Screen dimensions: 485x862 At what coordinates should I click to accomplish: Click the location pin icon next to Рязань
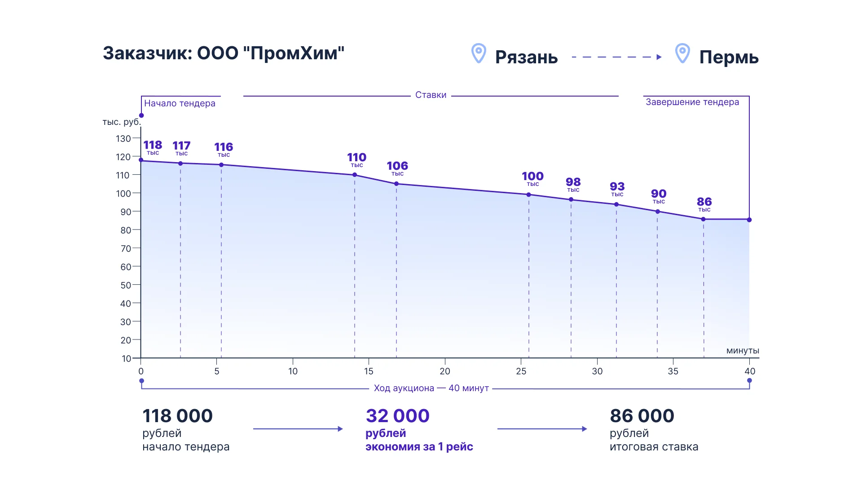pos(479,53)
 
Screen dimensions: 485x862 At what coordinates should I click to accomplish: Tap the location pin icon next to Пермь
pos(682,53)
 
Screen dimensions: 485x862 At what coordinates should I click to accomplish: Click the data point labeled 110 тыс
pos(355,175)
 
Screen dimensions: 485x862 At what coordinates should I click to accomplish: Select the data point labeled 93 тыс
pos(616,204)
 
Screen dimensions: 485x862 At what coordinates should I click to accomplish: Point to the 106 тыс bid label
pos(397,168)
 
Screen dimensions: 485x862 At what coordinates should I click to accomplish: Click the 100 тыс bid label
pos(532,178)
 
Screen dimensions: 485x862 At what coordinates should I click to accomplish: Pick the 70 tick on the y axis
pos(126,248)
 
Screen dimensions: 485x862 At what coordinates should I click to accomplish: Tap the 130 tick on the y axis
pos(123,138)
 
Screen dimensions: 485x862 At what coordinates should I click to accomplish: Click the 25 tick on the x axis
pos(521,371)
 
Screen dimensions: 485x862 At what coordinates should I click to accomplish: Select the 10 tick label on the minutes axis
pos(293,371)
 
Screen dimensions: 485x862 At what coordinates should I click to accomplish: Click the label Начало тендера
pos(180,103)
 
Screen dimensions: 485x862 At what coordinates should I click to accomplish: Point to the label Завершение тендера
pos(692,102)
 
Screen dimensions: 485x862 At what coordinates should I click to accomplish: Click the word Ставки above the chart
pos(431,95)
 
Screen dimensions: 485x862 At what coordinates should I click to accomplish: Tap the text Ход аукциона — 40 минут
pos(431,388)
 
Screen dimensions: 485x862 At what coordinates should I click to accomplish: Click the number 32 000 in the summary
pos(397,416)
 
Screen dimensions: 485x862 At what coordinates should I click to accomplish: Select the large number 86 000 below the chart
pos(642,416)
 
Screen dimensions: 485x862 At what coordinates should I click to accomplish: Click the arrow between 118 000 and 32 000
pos(298,429)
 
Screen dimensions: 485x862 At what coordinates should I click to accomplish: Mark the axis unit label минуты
pos(743,351)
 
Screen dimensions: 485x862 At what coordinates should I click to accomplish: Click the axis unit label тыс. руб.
pos(122,122)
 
